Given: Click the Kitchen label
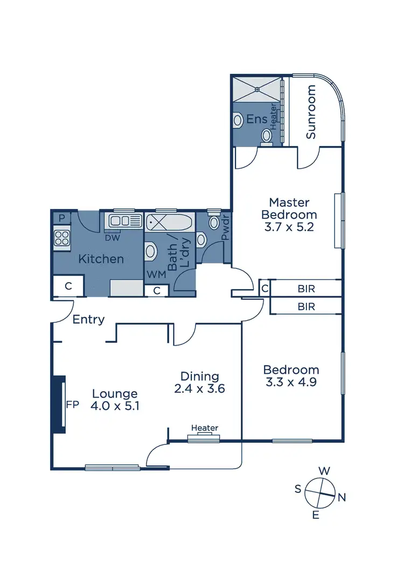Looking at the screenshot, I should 101,259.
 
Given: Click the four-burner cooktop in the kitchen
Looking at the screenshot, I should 62,238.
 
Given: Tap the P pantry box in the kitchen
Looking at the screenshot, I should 62,218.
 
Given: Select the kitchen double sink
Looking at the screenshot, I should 125,220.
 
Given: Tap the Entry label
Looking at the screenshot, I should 88,319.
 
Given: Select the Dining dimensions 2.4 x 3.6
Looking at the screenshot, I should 199,388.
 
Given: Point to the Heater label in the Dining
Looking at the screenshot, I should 205,428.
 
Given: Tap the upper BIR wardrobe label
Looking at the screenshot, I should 306,289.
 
